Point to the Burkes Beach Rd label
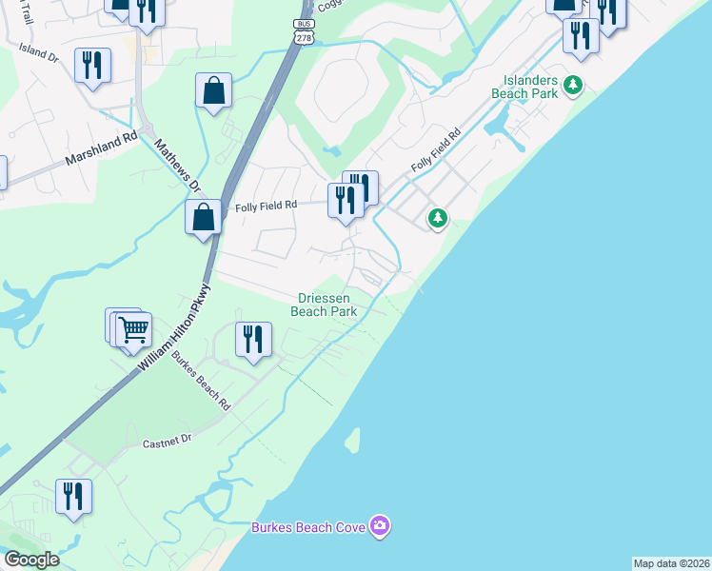coord(201,381)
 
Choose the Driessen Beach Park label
coord(324,305)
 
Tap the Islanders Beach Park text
coord(524,87)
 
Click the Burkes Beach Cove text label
coord(308,527)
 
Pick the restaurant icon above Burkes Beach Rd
coord(253,339)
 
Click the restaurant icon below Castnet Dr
coord(72,496)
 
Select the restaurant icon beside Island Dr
coord(92,65)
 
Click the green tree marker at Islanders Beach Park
coord(573,86)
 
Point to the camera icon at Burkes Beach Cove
coord(380,526)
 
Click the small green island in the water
coord(352,440)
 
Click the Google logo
coord(30,560)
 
